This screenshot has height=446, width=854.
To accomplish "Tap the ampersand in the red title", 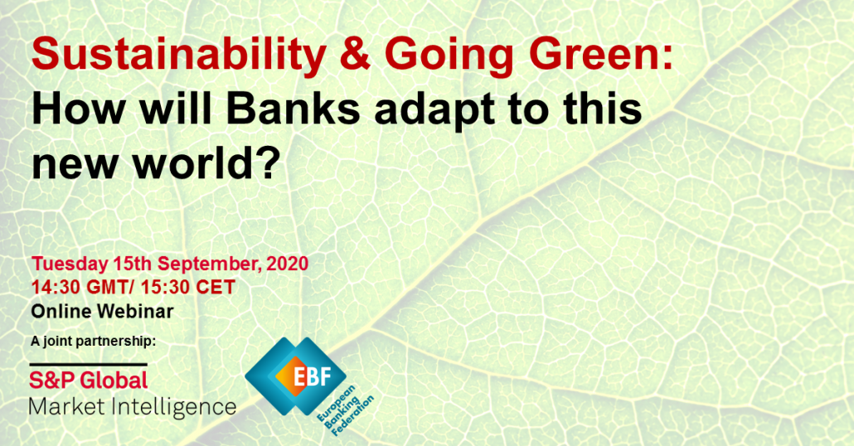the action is pos(356,53).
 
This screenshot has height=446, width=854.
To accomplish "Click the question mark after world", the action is pos(269,162).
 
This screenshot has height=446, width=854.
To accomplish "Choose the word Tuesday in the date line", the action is pos(70,264).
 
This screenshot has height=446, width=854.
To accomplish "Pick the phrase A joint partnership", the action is pos(93,342).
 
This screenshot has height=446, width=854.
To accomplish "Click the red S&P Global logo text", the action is pos(88,381).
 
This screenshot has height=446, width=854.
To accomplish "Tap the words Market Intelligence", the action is pos(133,407).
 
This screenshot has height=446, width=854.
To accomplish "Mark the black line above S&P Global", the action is pos(88,364).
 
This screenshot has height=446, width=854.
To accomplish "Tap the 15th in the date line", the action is pos(133,264).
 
